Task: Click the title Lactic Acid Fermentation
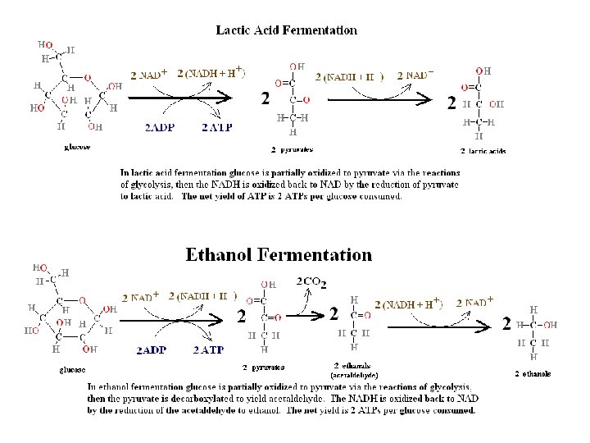(286, 30)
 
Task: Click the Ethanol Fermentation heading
(279, 254)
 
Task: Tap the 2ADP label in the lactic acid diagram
(159, 127)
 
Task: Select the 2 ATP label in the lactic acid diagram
(216, 127)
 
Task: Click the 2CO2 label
(311, 282)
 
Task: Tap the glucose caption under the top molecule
(77, 148)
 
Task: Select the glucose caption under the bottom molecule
(72, 369)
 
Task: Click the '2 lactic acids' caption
(484, 152)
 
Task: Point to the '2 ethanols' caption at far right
(533, 374)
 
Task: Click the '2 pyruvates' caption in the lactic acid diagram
(292, 150)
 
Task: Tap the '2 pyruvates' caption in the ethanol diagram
(264, 367)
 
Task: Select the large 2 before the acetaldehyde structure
(334, 313)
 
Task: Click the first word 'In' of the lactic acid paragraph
(125, 173)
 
